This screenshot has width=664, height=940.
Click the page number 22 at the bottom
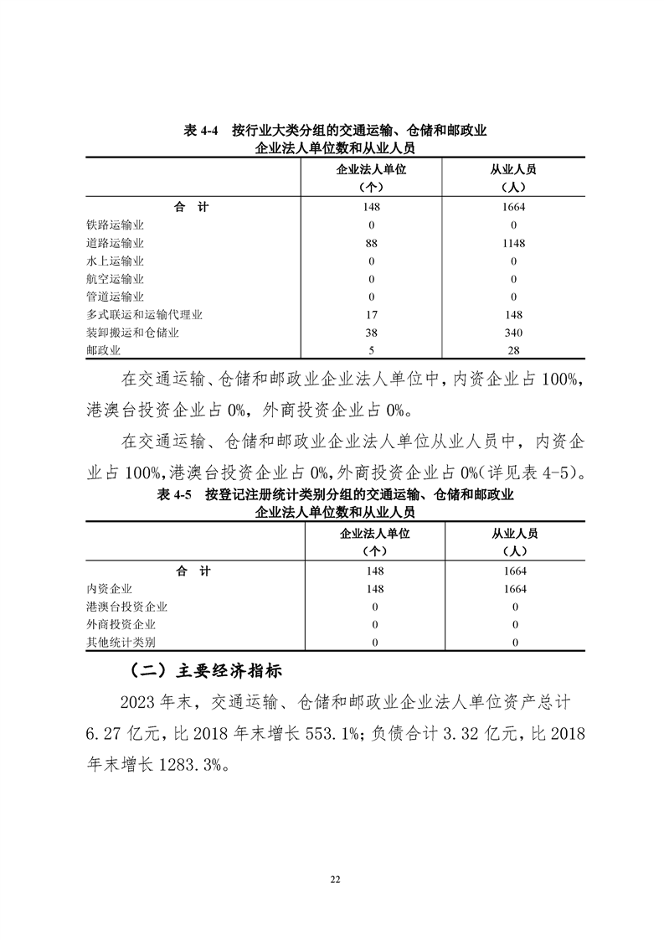coord(336,879)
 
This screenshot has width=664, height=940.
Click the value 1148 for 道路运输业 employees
coord(513,243)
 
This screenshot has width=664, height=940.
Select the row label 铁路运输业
coord(115,225)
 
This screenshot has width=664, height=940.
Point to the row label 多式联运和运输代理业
coord(144,315)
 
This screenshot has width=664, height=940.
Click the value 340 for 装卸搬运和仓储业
coord(513,333)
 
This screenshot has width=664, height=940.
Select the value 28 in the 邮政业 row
coord(513,351)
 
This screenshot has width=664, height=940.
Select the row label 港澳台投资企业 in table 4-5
coord(126,607)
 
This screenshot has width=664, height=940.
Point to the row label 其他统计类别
coord(121,643)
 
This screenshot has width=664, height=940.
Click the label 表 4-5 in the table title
coord(175,495)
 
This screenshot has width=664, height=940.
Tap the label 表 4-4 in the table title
coord(201,132)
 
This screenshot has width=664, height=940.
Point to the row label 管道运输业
coord(115,297)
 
